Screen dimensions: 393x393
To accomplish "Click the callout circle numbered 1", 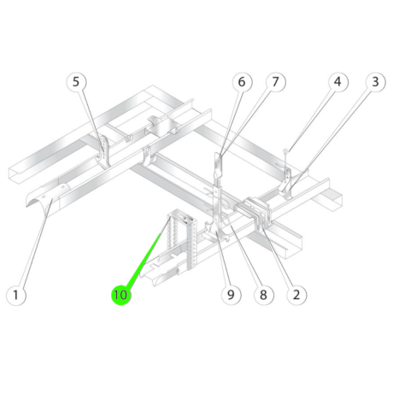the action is (16, 295).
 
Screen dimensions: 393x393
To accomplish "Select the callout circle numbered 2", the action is (296, 295).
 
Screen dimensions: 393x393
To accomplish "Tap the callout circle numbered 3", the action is (376, 82).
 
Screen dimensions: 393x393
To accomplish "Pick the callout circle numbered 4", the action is (337, 82).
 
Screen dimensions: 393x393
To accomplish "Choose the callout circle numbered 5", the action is (76, 82).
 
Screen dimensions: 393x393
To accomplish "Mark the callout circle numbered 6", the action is (242, 82).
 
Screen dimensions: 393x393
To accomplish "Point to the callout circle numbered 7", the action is (275, 82).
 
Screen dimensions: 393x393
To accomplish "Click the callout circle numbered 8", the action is (264, 295).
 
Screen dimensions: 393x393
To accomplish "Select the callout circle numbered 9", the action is (231, 295).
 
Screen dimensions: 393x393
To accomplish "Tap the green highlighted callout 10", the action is (120, 295).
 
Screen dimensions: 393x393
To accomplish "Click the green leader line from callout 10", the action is (144, 259).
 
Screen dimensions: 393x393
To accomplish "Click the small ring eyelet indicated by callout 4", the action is (285, 150).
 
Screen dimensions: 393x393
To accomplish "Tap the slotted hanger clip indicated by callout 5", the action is (104, 151).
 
